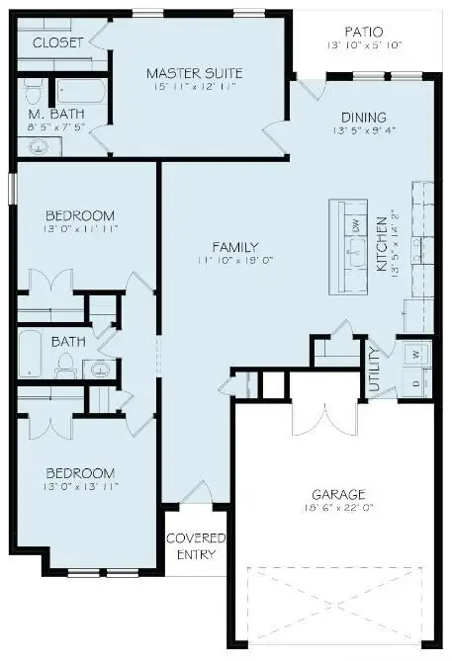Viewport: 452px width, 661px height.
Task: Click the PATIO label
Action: pos(363,32)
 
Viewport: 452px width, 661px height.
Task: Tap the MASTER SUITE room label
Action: pos(194,73)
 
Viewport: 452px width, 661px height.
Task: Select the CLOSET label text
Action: pos(56,42)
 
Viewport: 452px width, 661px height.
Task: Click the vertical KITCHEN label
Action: pos(381,244)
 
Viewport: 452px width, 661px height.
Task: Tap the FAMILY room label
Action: pos(234,247)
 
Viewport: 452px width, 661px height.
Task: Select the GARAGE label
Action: pos(338,494)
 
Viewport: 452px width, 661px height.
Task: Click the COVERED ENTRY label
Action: pos(196,546)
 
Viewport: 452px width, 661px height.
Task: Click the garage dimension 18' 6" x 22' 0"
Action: pos(338,509)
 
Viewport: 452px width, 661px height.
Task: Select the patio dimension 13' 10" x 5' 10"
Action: pos(363,46)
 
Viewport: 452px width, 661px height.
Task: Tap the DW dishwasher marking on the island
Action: pos(355,224)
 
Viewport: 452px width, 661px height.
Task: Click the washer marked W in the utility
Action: pos(415,354)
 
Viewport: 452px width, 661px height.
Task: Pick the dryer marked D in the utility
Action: pos(415,381)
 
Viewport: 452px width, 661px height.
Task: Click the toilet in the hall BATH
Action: pos(67,367)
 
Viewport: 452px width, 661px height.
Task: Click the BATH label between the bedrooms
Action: pos(68,342)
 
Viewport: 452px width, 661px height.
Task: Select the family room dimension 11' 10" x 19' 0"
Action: pos(234,261)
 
